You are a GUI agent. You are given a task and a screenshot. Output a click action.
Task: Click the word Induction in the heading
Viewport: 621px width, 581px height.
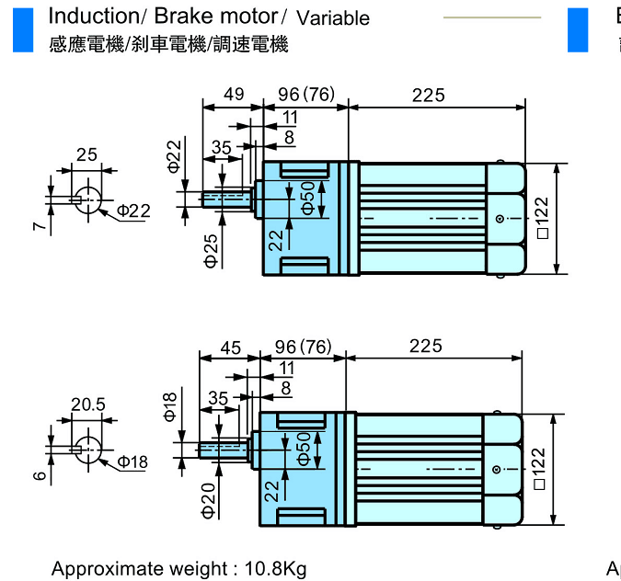88,16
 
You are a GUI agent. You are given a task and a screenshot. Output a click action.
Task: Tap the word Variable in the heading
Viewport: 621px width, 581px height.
333,18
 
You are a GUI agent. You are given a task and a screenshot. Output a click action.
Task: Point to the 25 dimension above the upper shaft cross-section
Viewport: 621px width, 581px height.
87,154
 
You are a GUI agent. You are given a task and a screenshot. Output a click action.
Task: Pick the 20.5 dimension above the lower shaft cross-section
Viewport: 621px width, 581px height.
87,404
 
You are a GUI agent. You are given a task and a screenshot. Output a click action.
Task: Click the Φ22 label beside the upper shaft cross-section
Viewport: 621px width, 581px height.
132,211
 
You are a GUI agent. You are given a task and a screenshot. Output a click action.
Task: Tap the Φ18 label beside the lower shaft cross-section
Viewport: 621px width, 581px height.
132,461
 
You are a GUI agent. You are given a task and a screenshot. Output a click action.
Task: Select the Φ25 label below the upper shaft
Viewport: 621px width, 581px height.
211,251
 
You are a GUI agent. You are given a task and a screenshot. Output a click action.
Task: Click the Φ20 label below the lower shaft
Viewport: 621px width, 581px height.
209,500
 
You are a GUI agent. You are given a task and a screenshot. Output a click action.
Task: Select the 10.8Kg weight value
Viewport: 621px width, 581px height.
275,569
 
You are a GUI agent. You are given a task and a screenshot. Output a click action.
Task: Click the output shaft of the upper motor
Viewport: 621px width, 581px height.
228,199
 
